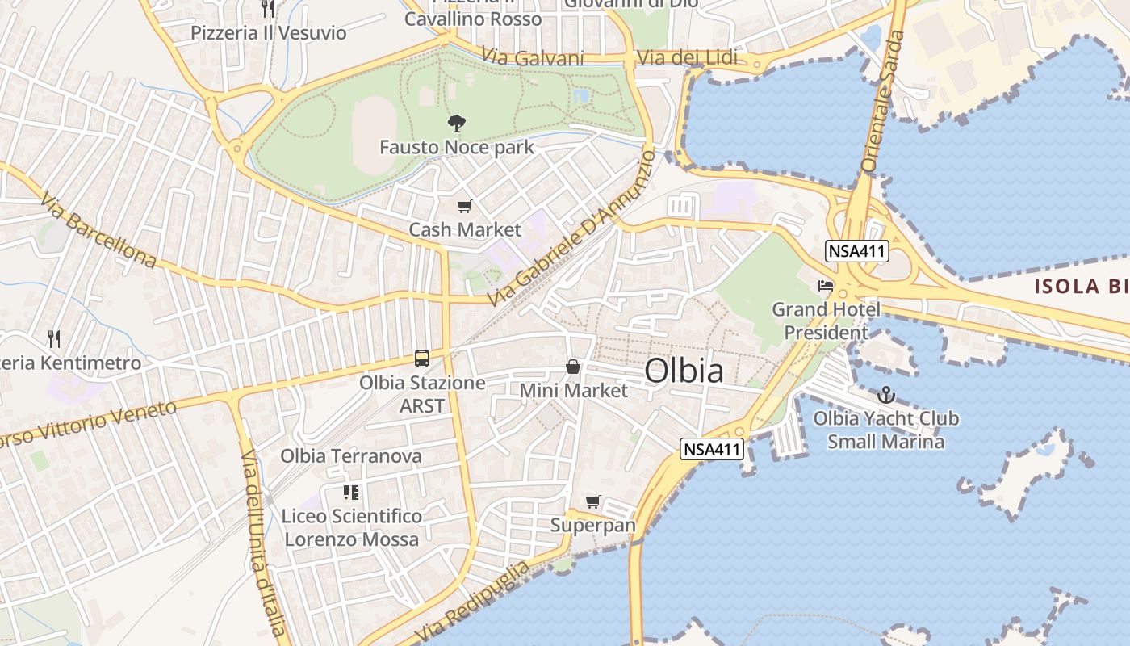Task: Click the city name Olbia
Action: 684,371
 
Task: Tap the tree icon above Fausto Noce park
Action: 457,124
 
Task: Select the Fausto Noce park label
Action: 457,147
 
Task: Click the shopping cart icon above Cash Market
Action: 464,207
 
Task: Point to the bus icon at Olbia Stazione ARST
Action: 421,358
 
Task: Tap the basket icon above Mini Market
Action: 573,367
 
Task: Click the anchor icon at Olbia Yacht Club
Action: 886,395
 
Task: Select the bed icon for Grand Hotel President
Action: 825,286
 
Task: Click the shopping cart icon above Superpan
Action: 593,502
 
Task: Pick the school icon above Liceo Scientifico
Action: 351,492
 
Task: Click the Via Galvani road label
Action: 533,57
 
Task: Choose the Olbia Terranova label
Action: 351,456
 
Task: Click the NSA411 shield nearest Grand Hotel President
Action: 856,251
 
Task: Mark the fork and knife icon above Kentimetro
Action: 54,338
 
